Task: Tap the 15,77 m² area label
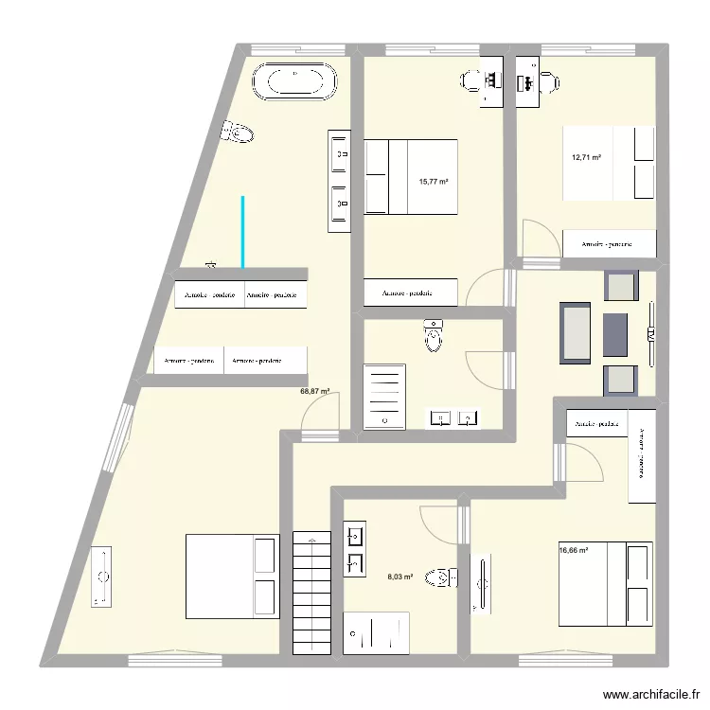pyautogui.click(x=434, y=182)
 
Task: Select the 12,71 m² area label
pyautogui.click(x=587, y=158)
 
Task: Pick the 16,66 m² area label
pyautogui.click(x=574, y=550)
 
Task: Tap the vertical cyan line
pyautogui.click(x=242, y=232)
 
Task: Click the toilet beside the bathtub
pyautogui.click(x=239, y=133)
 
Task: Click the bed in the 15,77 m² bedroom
pyautogui.click(x=411, y=176)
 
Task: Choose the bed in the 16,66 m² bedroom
pyautogui.click(x=605, y=584)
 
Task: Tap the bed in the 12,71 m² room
pyautogui.click(x=609, y=163)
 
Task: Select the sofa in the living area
pyautogui.click(x=576, y=332)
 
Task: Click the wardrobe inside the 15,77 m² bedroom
pyautogui.click(x=410, y=293)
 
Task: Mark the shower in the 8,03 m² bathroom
pyautogui.click(x=376, y=632)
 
